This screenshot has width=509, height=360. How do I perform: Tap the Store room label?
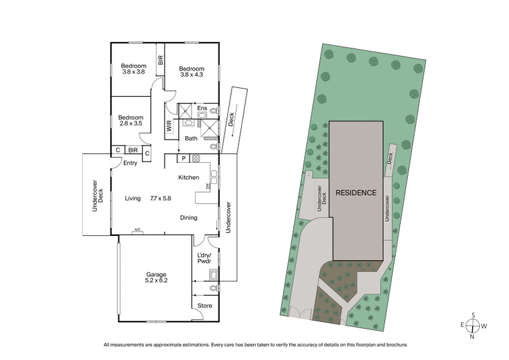pyautogui.click(x=204, y=306)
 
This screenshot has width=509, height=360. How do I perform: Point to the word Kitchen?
pyautogui.click(x=189, y=177)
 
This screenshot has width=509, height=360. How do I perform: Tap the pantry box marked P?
pyautogui.click(x=183, y=158)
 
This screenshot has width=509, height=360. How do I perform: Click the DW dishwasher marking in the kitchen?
pyautogui.click(x=207, y=186)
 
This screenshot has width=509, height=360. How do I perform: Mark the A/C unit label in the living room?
pyautogui.click(x=137, y=230)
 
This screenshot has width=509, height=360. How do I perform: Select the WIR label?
pyautogui.click(x=170, y=126)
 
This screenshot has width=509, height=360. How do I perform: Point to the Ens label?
pyautogui.click(x=201, y=109)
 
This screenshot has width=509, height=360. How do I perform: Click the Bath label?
pyautogui.click(x=191, y=138)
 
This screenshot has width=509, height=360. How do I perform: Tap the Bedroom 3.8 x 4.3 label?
pyautogui.click(x=191, y=72)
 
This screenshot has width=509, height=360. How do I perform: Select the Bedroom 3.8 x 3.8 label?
pyautogui.click(x=134, y=69)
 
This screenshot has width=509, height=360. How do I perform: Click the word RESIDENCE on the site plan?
pyautogui.click(x=356, y=192)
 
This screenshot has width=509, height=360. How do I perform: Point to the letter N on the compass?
pyautogui.click(x=472, y=337)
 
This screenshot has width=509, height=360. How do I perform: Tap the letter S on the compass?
pyautogui.click(x=472, y=314)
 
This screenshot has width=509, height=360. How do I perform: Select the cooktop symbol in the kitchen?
pyautogui.click(x=197, y=158)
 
